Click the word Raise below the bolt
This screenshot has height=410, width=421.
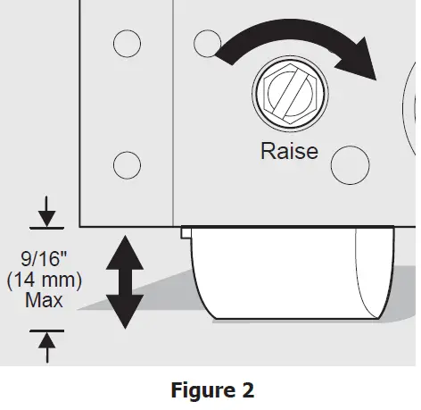tap(289, 151)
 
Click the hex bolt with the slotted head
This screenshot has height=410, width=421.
tap(290, 94)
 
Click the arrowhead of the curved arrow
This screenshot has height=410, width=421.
tap(359, 60)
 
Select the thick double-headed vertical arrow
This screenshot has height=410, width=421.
tap(125, 282)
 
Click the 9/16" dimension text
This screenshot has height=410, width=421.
tap(44, 258)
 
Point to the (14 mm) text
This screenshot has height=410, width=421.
tap(44, 280)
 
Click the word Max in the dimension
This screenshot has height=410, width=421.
tap(44, 300)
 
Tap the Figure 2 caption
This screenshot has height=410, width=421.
tap(212, 389)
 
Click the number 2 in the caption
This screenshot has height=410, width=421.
tap(248, 389)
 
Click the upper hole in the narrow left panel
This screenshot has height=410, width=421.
tap(127, 44)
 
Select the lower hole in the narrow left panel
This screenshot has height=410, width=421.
tap(127, 165)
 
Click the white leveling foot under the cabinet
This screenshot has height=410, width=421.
tap(293, 272)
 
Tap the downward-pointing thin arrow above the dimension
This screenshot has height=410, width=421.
tap(46, 212)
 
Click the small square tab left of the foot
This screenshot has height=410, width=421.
tap(186, 232)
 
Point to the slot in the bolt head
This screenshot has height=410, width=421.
tap(290, 94)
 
